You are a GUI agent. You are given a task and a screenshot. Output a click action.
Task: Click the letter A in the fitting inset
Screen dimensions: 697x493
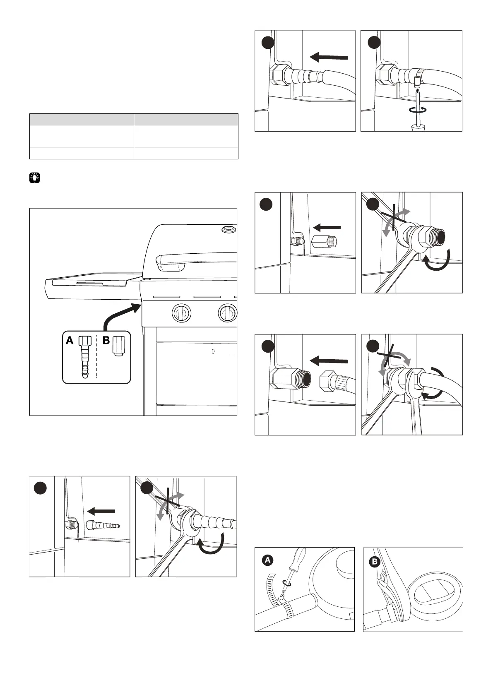[x=70, y=341]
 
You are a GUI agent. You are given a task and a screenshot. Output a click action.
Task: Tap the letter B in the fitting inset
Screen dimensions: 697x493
[x=106, y=341]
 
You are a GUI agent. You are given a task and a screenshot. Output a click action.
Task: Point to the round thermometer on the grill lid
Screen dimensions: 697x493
[x=228, y=228]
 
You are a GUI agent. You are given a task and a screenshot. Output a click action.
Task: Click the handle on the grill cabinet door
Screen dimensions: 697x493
[x=224, y=352]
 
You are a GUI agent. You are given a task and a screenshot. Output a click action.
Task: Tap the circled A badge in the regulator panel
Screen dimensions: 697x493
[x=268, y=560]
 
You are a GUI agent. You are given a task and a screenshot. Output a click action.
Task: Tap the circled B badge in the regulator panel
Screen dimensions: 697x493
[x=375, y=562]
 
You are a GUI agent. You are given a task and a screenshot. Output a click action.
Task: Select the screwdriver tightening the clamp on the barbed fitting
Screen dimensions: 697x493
[x=418, y=103]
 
